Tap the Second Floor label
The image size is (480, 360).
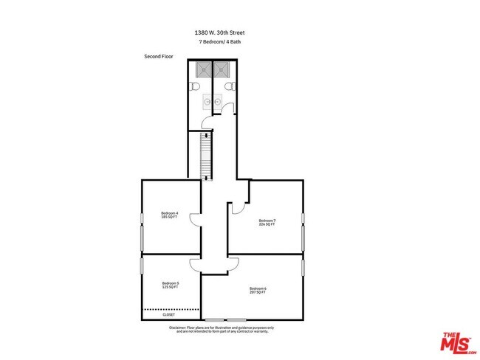(158, 56)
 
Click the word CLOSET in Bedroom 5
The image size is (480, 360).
(169, 315)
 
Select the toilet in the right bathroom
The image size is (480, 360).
(230, 87)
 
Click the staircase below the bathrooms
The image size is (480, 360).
(207, 156)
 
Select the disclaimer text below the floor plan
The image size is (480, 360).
(222, 329)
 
